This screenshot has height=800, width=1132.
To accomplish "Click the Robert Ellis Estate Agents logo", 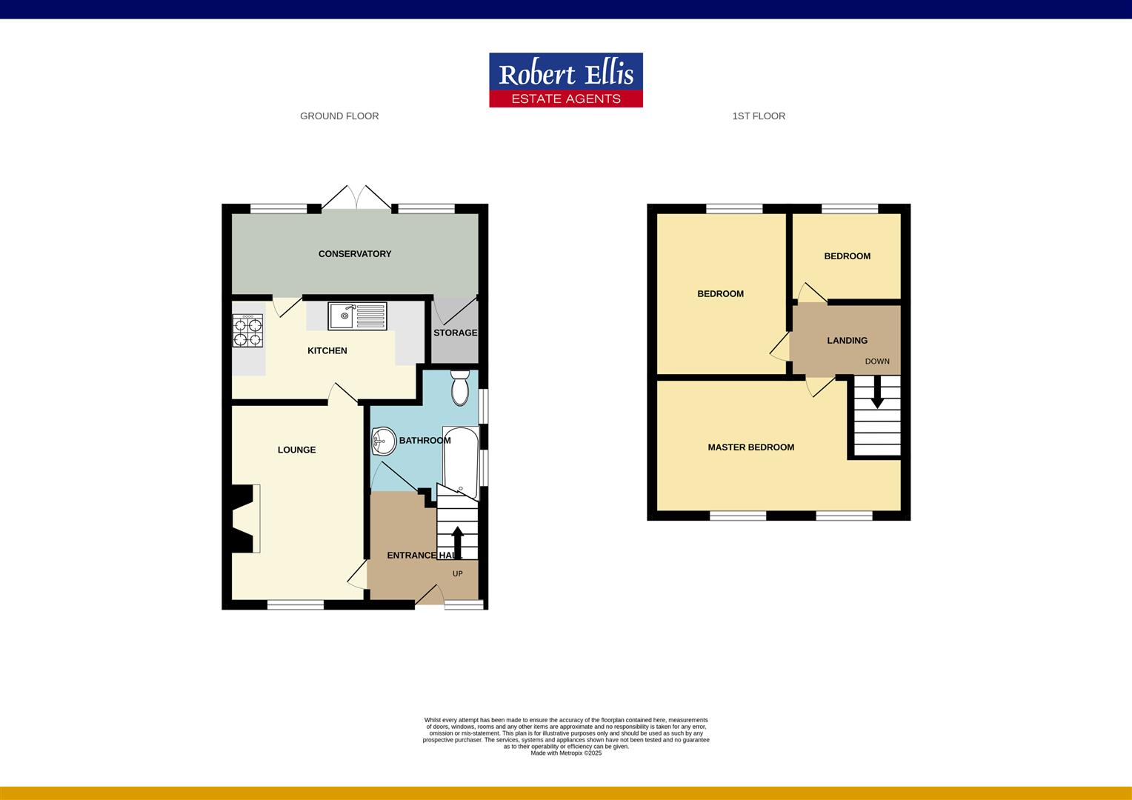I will pyautogui.click(x=566, y=80).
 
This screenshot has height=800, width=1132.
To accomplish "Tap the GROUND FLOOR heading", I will pyautogui.click(x=339, y=116).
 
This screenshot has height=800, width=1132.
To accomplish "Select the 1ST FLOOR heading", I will pyautogui.click(x=759, y=116).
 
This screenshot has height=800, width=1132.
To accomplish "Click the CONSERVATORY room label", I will pyautogui.click(x=355, y=254).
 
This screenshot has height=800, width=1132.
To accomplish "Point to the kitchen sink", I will pyautogui.click(x=357, y=316).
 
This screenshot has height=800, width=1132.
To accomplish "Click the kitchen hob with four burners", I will pyautogui.click(x=248, y=331).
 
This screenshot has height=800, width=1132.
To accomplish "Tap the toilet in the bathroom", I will pyautogui.click(x=460, y=387).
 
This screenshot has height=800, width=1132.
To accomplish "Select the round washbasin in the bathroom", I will pyautogui.click(x=384, y=442).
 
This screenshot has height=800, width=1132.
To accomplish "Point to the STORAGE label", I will pyautogui.click(x=455, y=333).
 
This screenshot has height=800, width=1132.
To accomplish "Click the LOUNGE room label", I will pyautogui.click(x=296, y=450).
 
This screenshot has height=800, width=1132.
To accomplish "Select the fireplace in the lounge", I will pyautogui.click(x=245, y=519).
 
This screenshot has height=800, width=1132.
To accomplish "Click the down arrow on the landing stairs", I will pyautogui.click(x=877, y=393).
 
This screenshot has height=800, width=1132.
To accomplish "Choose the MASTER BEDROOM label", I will pyautogui.click(x=750, y=447).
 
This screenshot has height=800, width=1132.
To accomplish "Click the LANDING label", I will pyautogui.click(x=847, y=341).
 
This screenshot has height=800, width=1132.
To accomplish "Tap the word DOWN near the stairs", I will pyautogui.click(x=877, y=361).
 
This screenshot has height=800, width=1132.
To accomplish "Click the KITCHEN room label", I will pyautogui.click(x=327, y=351).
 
